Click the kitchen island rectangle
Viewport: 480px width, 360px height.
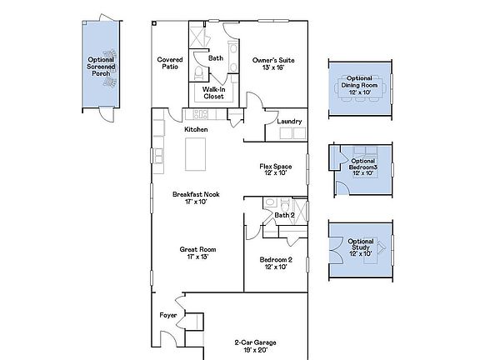click(x=195, y=153)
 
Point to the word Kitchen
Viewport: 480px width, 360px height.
click(x=196, y=129)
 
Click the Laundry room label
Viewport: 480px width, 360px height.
click(x=289, y=122)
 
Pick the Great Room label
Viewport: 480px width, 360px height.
click(x=197, y=252)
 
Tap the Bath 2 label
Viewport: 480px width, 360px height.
click(x=284, y=215)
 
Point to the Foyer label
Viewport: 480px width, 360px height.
click(x=167, y=316)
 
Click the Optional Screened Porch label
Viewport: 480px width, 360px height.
click(x=102, y=66)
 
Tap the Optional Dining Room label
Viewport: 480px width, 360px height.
click(x=362, y=82)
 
